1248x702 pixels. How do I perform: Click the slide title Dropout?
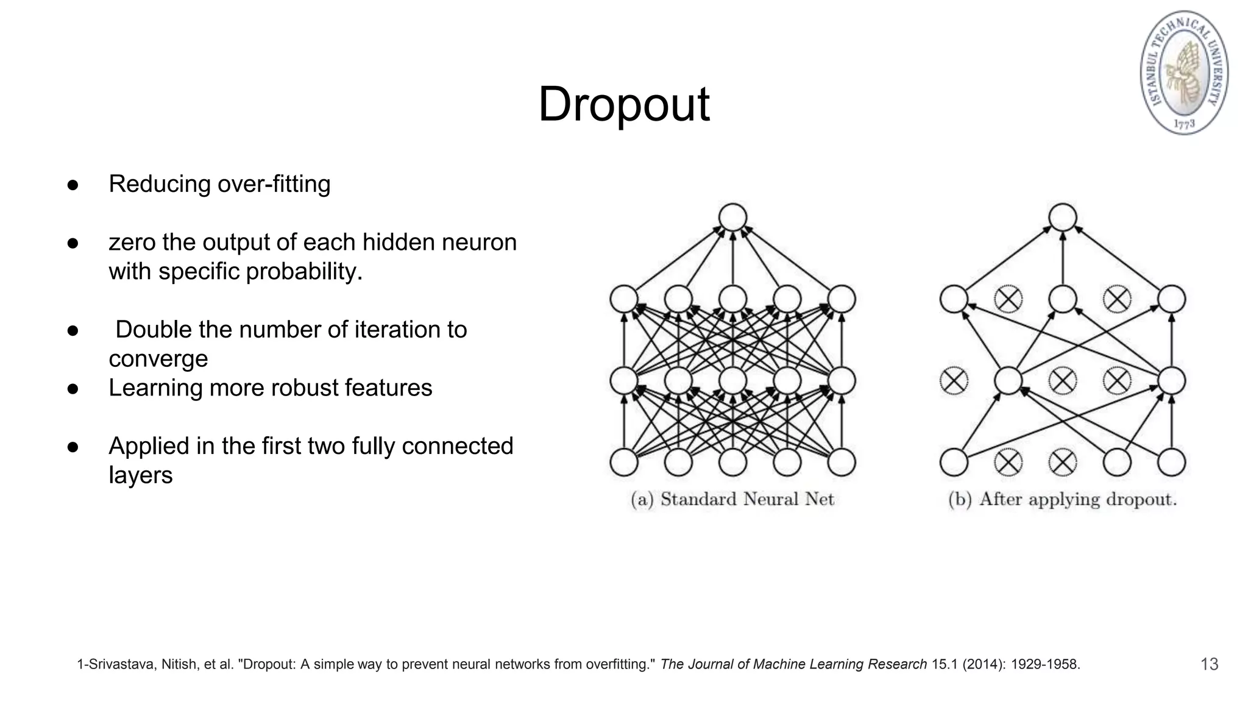(623, 104)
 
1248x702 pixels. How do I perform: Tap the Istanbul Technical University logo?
(1184, 73)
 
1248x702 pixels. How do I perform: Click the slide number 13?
(1209, 664)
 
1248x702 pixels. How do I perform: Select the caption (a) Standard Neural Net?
(732, 500)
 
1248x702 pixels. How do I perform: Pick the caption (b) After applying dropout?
(1062, 500)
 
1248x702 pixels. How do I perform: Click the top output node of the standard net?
(732, 218)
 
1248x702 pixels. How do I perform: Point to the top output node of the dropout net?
(1063, 218)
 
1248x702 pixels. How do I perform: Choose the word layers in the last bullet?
(141, 475)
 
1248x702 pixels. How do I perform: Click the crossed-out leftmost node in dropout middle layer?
(954, 381)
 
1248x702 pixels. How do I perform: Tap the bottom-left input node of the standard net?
(624, 462)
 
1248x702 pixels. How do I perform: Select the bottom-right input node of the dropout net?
(1171, 462)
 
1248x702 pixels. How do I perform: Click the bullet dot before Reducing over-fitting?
(73, 185)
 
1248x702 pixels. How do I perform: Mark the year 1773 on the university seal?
(1184, 124)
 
